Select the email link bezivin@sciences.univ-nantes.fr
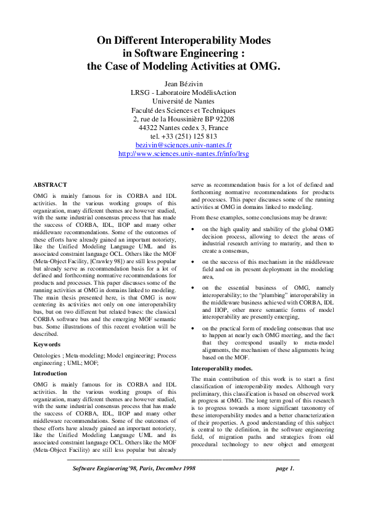[x=183, y=144]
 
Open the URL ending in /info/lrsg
[x=183, y=153]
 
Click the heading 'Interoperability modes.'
[x=218, y=368]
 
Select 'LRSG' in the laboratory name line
[x=141, y=92]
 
